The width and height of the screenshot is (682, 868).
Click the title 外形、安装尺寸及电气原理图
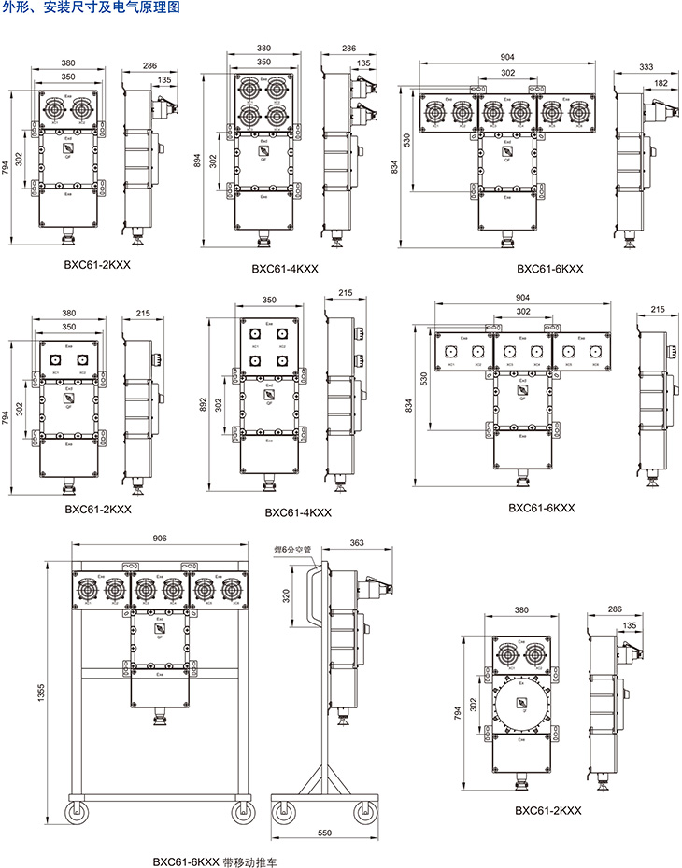tap(88, 7)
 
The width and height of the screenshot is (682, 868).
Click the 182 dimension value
tap(661, 84)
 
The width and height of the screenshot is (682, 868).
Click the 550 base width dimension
tap(324, 832)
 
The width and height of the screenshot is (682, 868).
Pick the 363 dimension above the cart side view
tap(356, 542)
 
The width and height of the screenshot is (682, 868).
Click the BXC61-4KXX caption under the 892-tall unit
tap(298, 512)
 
